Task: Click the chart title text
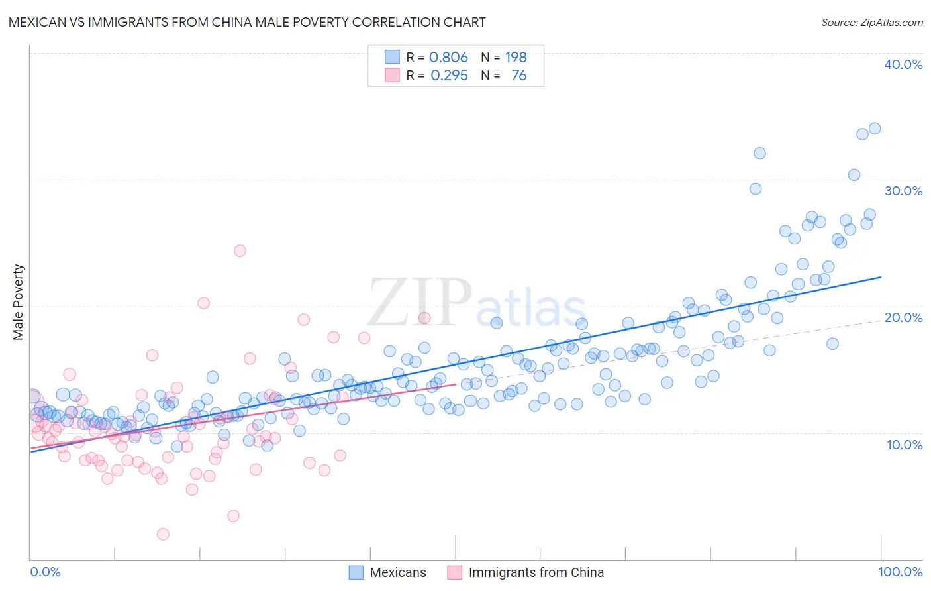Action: coord(247,22)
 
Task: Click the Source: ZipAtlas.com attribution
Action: coord(871,22)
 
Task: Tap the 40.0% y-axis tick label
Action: coord(903,64)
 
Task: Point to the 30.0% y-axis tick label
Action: coord(903,191)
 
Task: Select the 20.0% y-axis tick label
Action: coord(903,317)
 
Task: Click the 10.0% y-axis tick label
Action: coord(905,444)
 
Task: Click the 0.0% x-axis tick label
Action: coord(45,572)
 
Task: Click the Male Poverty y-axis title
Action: coord(19,302)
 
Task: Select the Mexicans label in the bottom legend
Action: coord(398,572)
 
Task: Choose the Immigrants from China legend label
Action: coord(536,572)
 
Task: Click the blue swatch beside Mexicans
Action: coord(356,572)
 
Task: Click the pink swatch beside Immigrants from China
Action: coord(454,572)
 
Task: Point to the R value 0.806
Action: coord(448,57)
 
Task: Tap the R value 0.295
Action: coord(449,75)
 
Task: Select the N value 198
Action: coord(516,57)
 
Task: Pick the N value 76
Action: coord(518,75)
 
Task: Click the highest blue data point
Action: coord(874,129)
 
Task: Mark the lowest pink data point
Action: coord(163,534)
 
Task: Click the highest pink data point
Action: coord(240,250)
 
